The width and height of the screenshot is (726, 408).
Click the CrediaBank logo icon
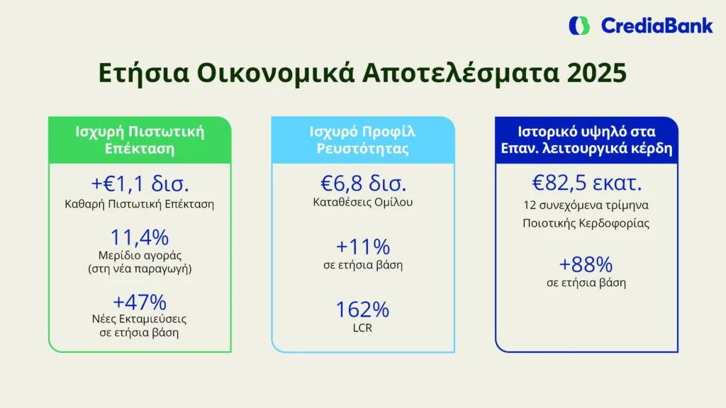coord(579,25)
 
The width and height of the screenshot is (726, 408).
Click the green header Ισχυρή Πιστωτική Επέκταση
coord(140,140)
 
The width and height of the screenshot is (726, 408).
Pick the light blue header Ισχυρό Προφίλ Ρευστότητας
coord(362,140)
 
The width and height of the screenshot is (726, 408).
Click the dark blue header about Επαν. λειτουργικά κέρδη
coord(586,140)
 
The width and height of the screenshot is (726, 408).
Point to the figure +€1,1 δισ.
coord(140,185)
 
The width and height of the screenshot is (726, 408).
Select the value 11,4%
coord(140,237)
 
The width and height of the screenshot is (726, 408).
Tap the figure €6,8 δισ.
coord(362,184)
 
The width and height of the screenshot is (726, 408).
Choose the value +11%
coord(362,246)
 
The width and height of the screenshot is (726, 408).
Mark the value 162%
coord(362,310)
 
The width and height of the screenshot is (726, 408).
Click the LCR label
coord(362,328)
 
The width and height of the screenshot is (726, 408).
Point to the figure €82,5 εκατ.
coord(587,184)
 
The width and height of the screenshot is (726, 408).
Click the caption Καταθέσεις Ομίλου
coord(362,203)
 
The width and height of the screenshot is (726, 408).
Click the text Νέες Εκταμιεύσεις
coord(140,319)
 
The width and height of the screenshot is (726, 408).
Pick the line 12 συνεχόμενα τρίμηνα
coord(586,206)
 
